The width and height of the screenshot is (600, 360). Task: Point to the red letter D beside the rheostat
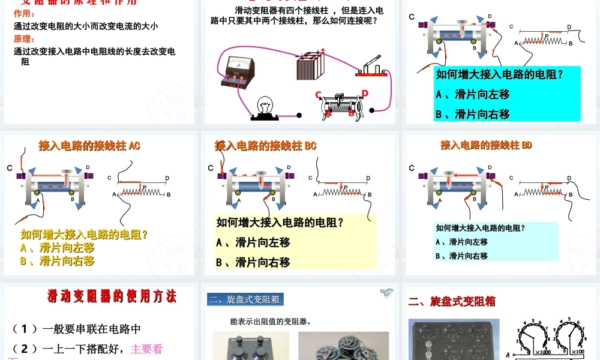coord(365,93)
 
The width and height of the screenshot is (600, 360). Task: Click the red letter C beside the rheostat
coord(319,95)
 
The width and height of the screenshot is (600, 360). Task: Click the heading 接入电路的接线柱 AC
coord(89,146)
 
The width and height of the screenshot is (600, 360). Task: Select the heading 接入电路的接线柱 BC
coord(265,146)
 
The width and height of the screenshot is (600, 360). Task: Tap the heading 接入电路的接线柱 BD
coord(486,145)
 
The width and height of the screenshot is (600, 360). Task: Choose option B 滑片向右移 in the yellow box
coord(253,262)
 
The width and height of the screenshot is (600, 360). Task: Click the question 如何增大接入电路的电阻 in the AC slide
coord(85,235)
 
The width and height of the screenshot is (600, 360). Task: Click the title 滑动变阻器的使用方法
coord(112,296)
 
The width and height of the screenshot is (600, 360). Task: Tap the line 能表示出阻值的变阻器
coord(271,322)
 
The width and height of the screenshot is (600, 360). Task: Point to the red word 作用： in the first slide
coord(25,14)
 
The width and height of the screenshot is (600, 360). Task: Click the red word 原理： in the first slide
coord(25,39)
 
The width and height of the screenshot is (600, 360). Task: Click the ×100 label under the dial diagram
coord(578,351)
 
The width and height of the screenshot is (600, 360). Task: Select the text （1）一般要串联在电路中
coord(77,329)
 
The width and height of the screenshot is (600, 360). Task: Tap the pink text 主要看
coord(146,349)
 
